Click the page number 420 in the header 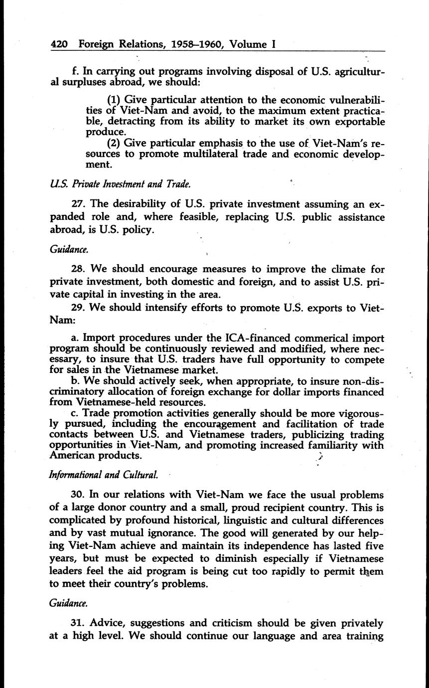click(60, 44)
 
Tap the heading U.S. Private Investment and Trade click(120, 184)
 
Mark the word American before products click(75, 455)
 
